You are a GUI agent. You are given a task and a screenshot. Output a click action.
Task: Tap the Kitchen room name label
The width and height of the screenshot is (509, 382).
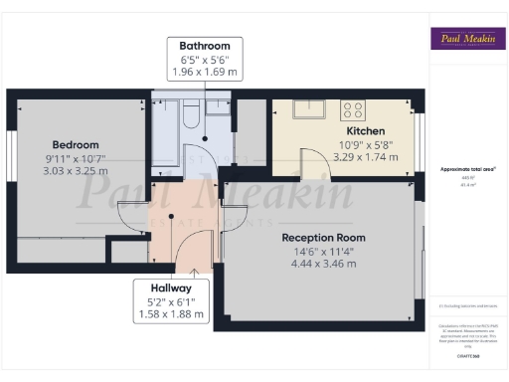pos(365,131)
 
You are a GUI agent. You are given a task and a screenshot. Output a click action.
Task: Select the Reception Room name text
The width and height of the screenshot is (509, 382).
pos(323,238)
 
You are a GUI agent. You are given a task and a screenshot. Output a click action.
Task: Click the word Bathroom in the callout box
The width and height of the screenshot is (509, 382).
pos(205,47)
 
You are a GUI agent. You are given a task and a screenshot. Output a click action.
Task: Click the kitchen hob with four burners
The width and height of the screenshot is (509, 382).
pos(354,109)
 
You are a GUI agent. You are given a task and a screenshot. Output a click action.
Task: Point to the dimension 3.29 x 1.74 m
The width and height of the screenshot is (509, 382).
pos(365,157)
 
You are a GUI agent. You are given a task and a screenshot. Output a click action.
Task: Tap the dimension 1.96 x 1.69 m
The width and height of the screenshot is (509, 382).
pos(205,73)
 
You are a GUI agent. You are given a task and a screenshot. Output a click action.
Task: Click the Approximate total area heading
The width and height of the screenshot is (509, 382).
pos(466,169)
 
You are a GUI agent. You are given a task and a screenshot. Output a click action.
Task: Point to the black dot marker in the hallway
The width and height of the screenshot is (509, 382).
pos(170,215)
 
